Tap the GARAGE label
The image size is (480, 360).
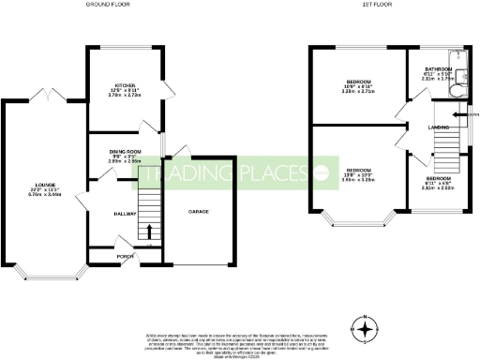(198, 212)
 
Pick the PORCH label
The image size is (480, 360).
(124, 254)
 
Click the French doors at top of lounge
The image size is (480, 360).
(44, 96)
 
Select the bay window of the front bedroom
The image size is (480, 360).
(357, 223)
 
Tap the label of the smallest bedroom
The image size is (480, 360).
(438, 177)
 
